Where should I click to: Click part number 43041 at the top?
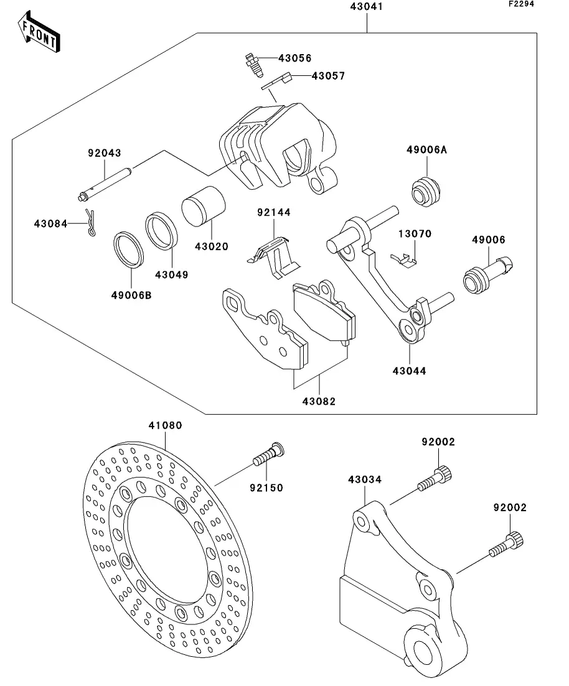click(367, 8)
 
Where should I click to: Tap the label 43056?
click(294, 58)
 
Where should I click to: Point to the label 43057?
click(327, 76)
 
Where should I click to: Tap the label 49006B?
click(132, 295)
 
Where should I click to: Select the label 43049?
click(172, 274)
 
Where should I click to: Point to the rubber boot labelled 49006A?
click(427, 190)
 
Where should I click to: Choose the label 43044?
click(410, 371)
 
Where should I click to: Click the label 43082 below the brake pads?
click(319, 401)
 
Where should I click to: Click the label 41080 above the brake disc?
click(165, 426)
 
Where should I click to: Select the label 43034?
click(365, 480)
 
